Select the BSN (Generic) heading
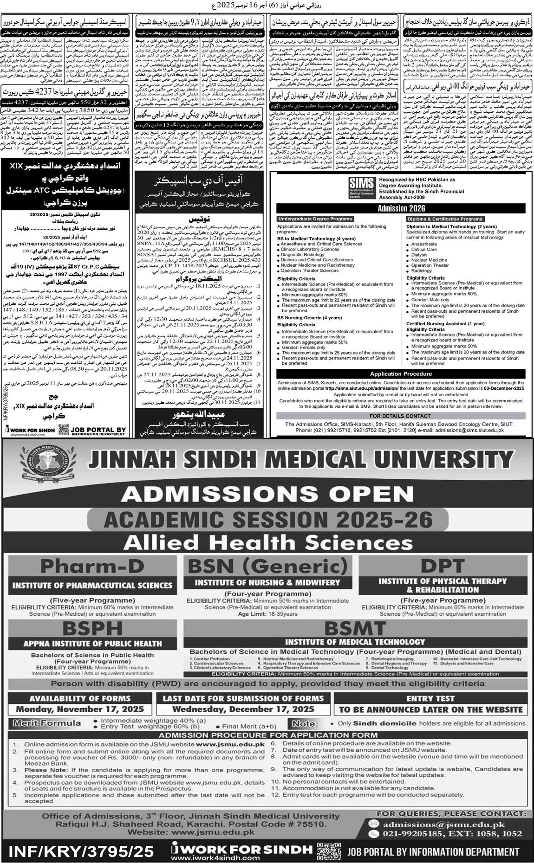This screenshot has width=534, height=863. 267,567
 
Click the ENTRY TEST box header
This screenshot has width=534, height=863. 430,698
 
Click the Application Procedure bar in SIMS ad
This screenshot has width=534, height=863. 401,374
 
